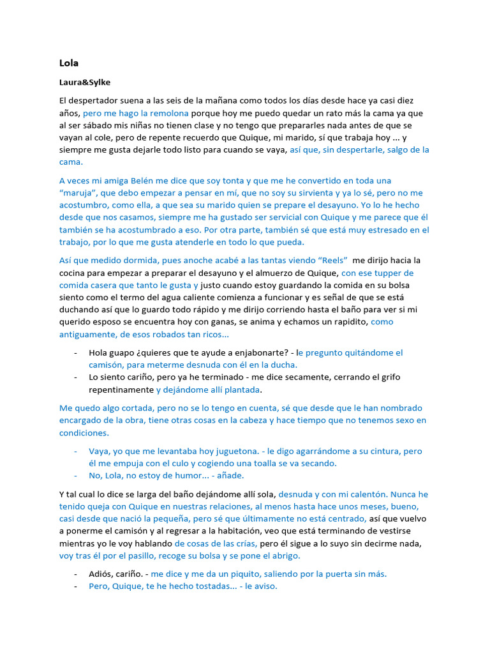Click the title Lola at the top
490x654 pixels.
pos(69,63)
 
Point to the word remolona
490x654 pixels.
pos(168,113)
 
